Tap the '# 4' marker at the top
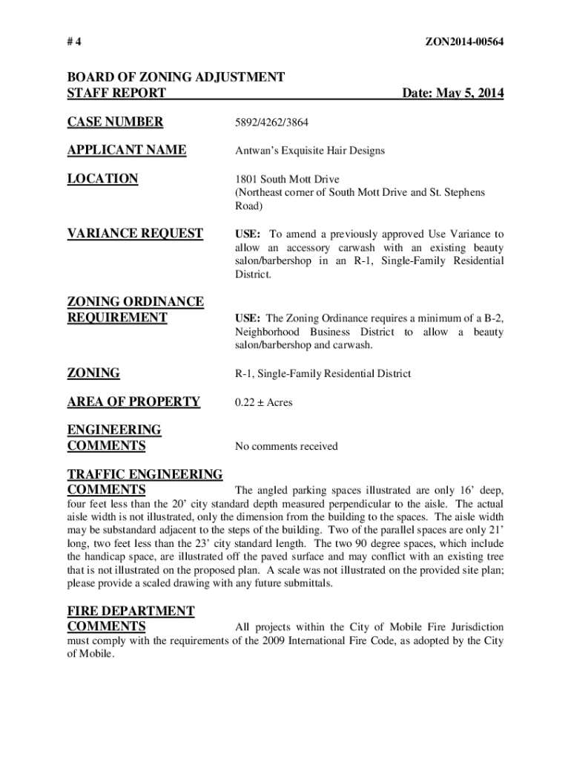tap(74, 42)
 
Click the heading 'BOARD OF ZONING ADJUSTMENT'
tap(176, 77)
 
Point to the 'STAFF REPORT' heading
tap(116, 94)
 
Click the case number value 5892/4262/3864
tap(271, 122)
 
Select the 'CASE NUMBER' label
tap(115, 122)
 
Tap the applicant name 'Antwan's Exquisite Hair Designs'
tap(310, 151)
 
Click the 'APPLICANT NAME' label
tap(127, 150)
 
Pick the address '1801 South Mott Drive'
tap(287, 179)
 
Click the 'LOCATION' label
tap(102, 178)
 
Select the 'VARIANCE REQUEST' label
tap(135, 233)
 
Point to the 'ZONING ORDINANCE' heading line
tap(135, 301)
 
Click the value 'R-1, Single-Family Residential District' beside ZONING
tap(323, 374)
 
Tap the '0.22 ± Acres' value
tap(264, 402)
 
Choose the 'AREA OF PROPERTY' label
tap(133, 402)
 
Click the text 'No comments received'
tap(286, 446)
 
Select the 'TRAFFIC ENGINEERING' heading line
tap(145, 474)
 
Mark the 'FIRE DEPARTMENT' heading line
tap(131, 611)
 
